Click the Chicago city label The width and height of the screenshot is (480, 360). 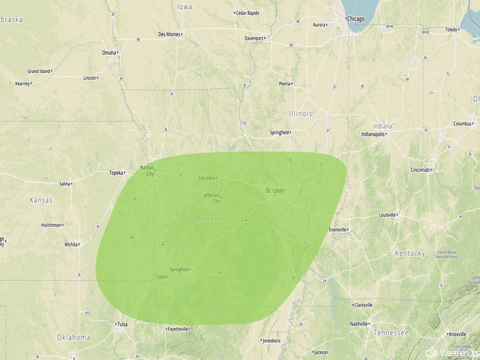(x=355, y=19)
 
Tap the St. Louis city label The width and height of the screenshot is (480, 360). (x=275, y=190)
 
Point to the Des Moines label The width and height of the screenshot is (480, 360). (x=169, y=34)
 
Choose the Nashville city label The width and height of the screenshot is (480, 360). (x=358, y=324)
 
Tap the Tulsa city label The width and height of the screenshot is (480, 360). (x=122, y=324)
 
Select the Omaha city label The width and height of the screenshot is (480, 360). (x=109, y=53)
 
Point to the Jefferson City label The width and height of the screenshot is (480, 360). (x=211, y=198)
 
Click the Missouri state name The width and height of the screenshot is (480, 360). (x=209, y=218)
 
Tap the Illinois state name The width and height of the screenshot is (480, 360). (x=300, y=113)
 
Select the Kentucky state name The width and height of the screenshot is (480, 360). (x=410, y=253)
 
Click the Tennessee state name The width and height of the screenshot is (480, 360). (x=391, y=333)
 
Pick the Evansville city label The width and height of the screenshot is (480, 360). (x=338, y=230)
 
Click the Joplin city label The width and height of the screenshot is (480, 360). (x=162, y=277)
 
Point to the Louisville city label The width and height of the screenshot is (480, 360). (x=388, y=215)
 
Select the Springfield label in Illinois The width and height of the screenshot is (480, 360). (x=279, y=133)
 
